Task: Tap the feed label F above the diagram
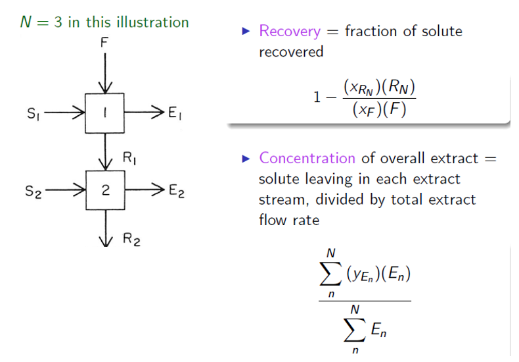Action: (x=104, y=43)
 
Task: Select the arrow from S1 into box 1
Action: (x=66, y=113)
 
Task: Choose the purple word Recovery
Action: (x=289, y=31)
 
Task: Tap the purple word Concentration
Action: (x=307, y=159)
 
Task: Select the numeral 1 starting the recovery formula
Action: (x=317, y=97)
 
